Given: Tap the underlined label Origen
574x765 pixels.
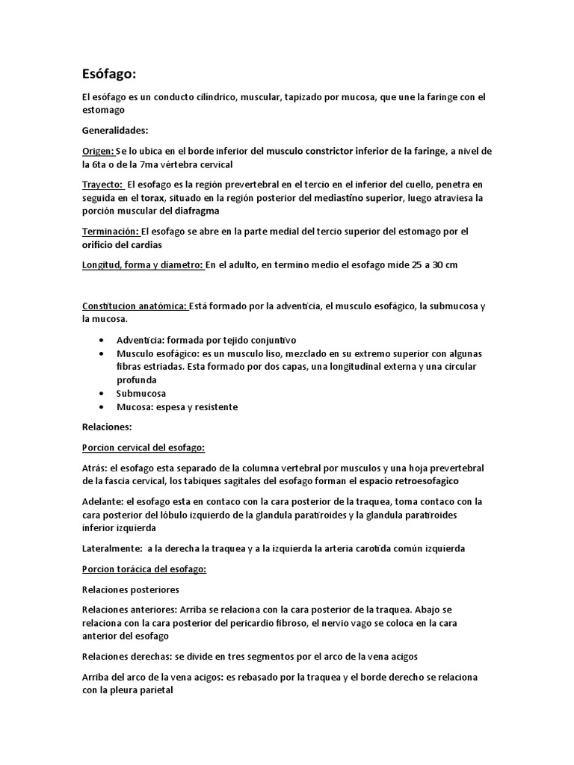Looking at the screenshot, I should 99,151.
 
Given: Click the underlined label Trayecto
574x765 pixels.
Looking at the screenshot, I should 103,184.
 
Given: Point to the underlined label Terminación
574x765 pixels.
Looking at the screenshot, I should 111,232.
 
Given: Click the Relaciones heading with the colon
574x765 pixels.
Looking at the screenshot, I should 108,427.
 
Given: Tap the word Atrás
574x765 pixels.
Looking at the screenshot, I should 94,467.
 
